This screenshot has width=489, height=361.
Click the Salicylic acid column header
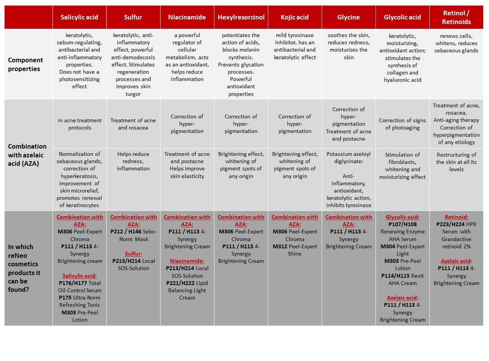tap(79, 17)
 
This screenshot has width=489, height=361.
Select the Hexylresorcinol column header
tap(241, 17)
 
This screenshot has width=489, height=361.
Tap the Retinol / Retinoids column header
tap(456, 18)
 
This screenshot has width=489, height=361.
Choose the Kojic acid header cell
tap(295, 17)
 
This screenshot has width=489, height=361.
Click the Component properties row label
tap(26, 64)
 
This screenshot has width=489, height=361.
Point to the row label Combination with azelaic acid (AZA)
tap(27, 155)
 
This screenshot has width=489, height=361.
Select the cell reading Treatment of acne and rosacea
tap(133, 124)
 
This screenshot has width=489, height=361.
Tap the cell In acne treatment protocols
tap(80, 124)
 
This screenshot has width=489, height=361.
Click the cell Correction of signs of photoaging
tap(402, 124)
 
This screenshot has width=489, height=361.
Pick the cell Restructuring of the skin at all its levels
tap(456, 162)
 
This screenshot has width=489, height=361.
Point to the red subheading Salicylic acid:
tap(79, 276)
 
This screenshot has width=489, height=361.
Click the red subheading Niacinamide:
tap(187, 261)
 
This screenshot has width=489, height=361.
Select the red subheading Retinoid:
tap(456, 217)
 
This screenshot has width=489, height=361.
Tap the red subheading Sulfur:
tap(133, 254)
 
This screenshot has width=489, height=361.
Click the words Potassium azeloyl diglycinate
tap(348, 158)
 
